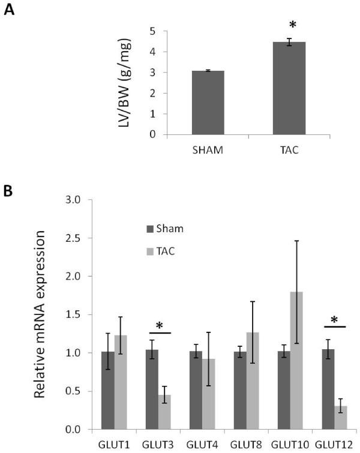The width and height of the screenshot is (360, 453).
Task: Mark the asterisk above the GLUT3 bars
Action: pos(159,325)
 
